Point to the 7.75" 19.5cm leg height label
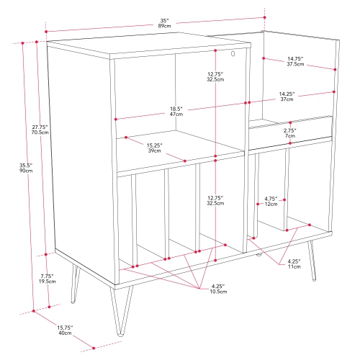(x=46, y=277)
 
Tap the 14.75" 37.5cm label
(x=293, y=60)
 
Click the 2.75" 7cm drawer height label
(x=290, y=132)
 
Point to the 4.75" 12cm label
(x=271, y=201)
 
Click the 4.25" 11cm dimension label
(x=294, y=263)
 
